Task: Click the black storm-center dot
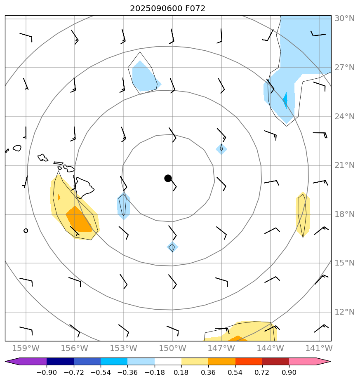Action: [x=168, y=178]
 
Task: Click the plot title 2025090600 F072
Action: [x=167, y=8]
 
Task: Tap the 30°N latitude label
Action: [x=344, y=19]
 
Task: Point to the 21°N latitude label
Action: [x=344, y=165]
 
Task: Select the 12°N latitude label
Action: [x=344, y=312]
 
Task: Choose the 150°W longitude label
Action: [x=172, y=348]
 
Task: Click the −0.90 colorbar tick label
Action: [x=46, y=372]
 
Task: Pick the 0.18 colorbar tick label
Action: [x=181, y=372]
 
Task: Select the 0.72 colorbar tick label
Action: [x=262, y=372]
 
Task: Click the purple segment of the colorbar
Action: [x=29, y=361]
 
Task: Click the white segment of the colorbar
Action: [x=168, y=361]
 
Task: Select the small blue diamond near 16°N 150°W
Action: [x=172, y=247]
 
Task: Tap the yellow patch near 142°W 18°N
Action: [x=303, y=214]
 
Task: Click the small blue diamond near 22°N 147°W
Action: [x=221, y=149]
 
